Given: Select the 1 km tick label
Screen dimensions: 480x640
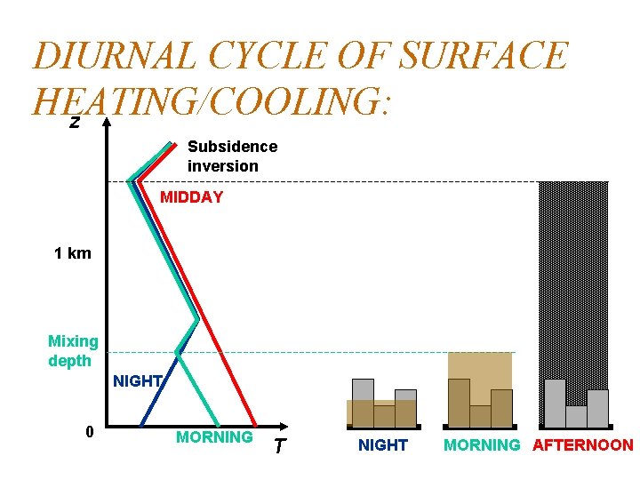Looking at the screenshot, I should coord(72,253).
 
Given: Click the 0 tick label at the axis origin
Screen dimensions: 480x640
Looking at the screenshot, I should coord(88,432).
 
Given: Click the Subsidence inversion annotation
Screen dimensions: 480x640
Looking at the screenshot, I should coord(232,156).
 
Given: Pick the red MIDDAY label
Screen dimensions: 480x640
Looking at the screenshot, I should coord(191,197).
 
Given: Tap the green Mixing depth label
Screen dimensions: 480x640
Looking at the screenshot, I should coord(73,351).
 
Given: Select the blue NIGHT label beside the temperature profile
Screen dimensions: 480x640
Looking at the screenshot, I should coord(138,381).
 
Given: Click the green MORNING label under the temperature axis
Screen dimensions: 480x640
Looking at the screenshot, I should coord(214,437).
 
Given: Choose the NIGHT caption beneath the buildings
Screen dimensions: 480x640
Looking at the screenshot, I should coord(382,445).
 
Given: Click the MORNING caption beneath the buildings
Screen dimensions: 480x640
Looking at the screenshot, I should coord(481,445).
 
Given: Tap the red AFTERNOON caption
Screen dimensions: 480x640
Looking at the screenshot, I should coord(582,445).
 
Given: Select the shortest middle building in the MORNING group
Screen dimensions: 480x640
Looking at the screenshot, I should coord(480,416).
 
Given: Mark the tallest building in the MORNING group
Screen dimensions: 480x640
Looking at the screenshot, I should coord(459,403).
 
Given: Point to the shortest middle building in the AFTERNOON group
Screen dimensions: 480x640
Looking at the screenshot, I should coord(576,416).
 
